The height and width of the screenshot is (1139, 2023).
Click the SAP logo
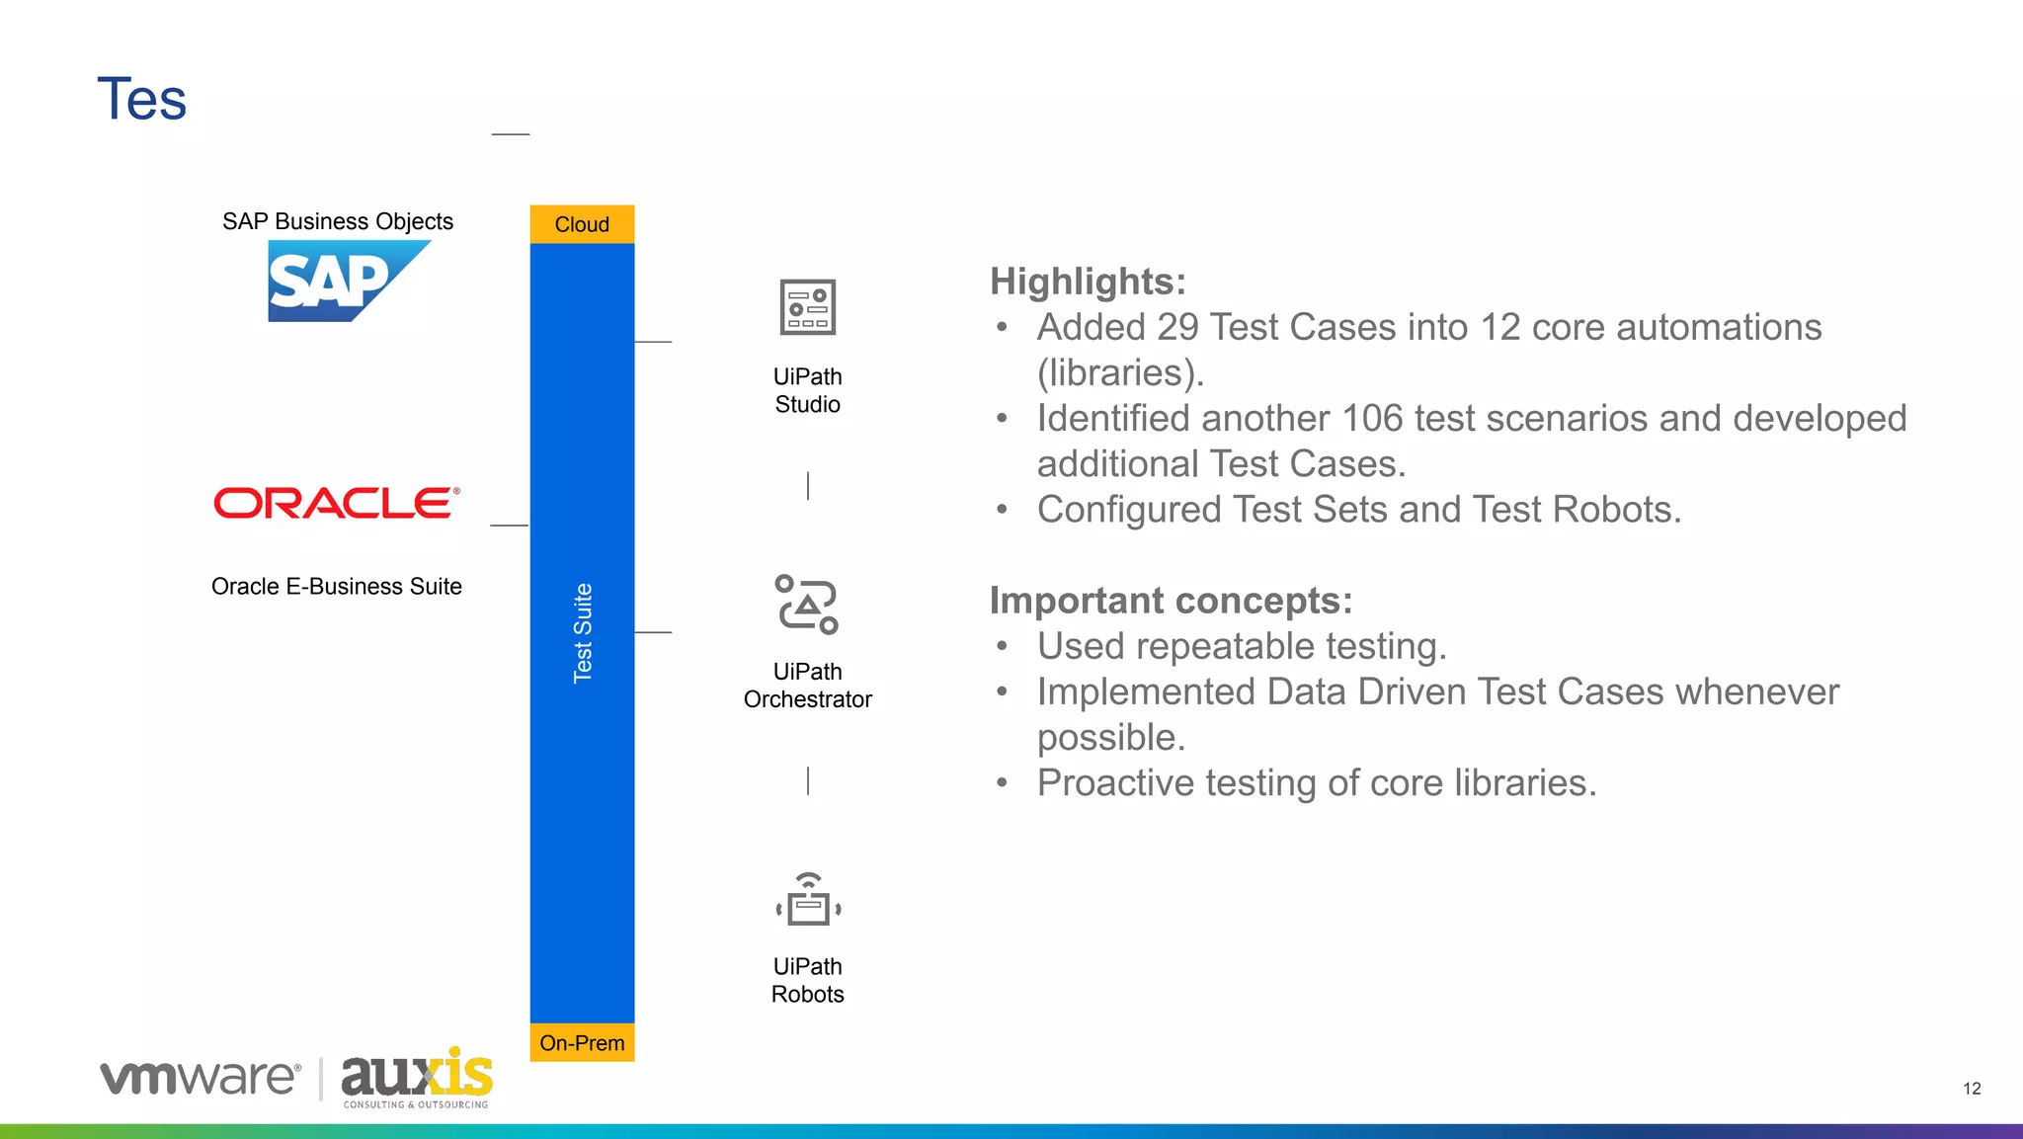click(x=336, y=282)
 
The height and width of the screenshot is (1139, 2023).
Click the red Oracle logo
click(x=336, y=503)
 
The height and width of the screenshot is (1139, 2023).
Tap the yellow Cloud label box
click(x=582, y=224)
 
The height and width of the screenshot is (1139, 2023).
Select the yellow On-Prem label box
click(x=582, y=1043)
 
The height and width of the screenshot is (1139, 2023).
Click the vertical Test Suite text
click(x=583, y=632)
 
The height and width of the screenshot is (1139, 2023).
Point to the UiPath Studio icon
click(x=807, y=307)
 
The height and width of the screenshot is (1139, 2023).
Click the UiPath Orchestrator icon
click(x=807, y=604)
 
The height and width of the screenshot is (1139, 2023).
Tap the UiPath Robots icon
click(x=808, y=900)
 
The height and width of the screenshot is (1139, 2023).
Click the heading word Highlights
click(x=1087, y=282)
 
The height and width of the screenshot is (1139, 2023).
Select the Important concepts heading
click(x=1171, y=601)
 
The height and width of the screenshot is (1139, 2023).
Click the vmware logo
click(x=201, y=1077)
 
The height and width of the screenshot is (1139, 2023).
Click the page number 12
click(x=1972, y=1089)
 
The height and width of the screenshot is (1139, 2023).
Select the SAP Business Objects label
click(x=338, y=221)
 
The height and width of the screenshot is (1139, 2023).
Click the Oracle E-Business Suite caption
click(x=337, y=587)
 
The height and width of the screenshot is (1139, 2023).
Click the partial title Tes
click(x=142, y=100)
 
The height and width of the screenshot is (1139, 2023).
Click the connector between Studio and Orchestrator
click(x=808, y=486)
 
